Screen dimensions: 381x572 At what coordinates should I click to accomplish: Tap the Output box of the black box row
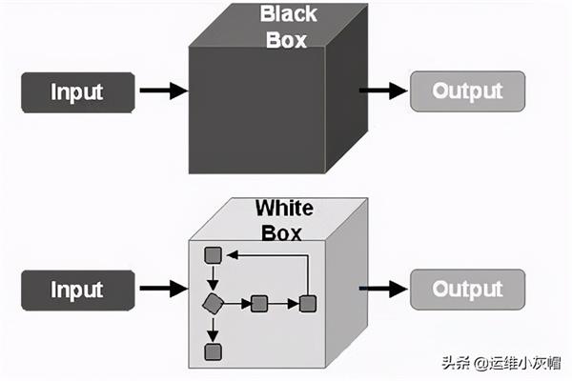tap(467, 91)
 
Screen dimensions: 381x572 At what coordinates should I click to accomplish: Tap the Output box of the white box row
tap(467, 289)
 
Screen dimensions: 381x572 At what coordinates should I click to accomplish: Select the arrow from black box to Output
tap(383, 91)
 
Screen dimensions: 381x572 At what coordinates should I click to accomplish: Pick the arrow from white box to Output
tap(383, 289)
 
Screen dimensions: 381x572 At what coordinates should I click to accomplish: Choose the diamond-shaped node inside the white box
tap(213, 304)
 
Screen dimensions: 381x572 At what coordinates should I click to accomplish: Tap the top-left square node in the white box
tap(214, 255)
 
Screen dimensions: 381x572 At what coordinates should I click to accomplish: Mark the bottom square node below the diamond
tap(214, 352)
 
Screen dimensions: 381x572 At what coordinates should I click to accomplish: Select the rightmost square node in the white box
tap(307, 304)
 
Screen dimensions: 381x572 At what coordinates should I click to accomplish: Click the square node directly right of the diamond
tap(258, 304)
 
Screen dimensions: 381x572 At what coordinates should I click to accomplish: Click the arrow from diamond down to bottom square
tap(214, 329)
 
